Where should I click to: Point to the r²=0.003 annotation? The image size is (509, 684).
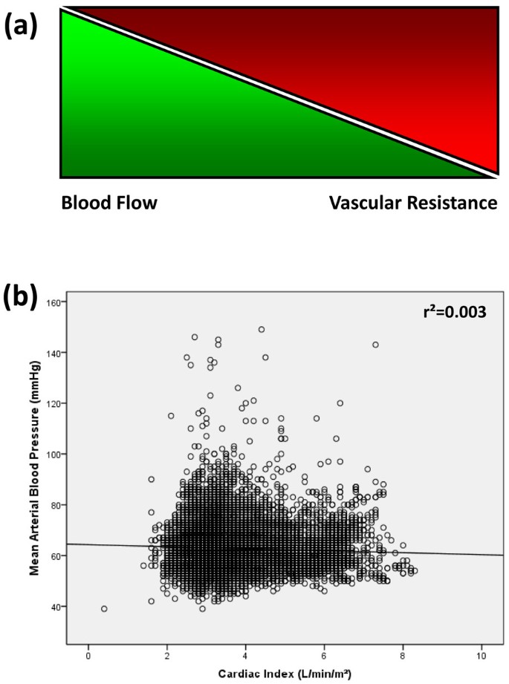455,312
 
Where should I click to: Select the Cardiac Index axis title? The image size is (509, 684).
285,673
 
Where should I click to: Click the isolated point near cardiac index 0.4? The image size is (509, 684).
104,608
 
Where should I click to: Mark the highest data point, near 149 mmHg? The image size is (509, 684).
262,329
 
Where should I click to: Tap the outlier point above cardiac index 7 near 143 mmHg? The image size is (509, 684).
375,345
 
